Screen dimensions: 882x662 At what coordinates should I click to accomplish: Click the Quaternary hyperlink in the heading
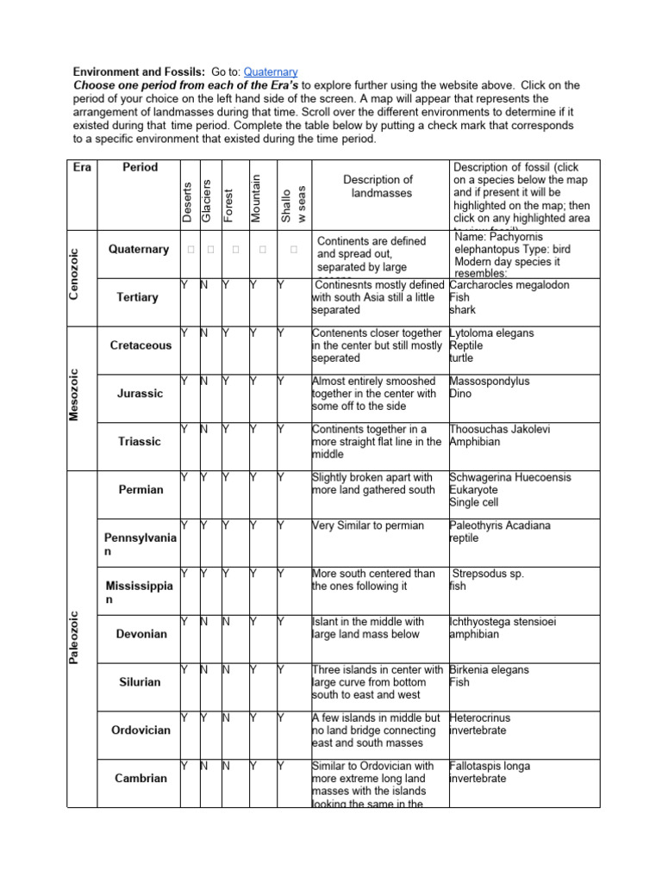point(271,71)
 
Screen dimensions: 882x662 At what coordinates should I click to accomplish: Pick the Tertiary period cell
point(137,297)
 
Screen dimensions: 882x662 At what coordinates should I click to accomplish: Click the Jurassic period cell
point(139,394)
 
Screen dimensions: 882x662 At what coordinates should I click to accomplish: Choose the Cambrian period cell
point(141,778)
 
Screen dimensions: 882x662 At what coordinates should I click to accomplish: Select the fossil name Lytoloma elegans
point(491,332)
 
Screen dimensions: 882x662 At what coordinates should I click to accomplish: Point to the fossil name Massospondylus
point(489,381)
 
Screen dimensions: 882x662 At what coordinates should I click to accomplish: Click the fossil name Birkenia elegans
point(489,669)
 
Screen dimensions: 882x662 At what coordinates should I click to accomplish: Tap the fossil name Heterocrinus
point(479,717)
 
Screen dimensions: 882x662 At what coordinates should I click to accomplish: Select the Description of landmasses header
point(378,187)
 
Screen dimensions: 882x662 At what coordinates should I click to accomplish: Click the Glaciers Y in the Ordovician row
point(204,717)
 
